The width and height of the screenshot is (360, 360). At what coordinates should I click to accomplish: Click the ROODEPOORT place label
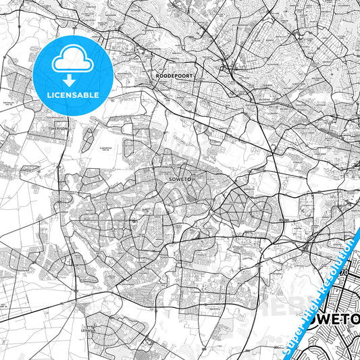coord(170,76)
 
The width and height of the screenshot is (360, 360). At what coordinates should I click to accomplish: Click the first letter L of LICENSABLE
coord(49,95)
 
